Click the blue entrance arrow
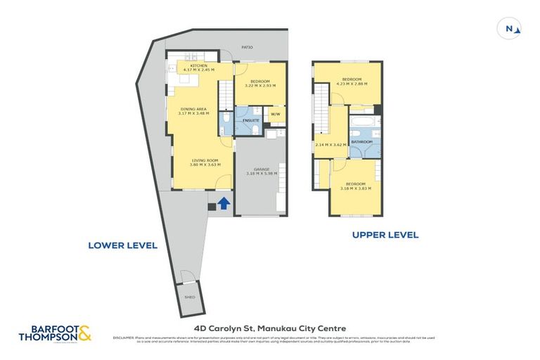223,204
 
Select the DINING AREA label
193,109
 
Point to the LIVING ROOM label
205,160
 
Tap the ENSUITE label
251,121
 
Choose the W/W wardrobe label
275,114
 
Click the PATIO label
247,47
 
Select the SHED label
188,297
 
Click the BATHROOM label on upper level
362,142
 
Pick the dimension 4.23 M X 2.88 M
352,84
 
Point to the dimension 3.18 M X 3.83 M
356,188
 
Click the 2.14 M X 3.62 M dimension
333,144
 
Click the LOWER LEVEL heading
122,245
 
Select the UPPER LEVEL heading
385,235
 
